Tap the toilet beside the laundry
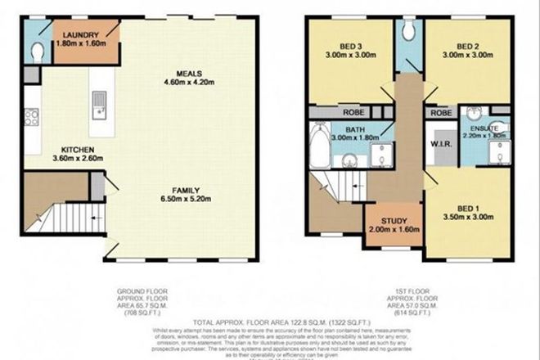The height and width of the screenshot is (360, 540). pyautogui.click(x=38, y=50)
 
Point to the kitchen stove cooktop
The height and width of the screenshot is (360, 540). pyautogui.click(x=32, y=118)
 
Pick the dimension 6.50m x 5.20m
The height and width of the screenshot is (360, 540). pyautogui.click(x=186, y=196)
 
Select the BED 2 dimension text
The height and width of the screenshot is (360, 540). pyautogui.click(x=452, y=56)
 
